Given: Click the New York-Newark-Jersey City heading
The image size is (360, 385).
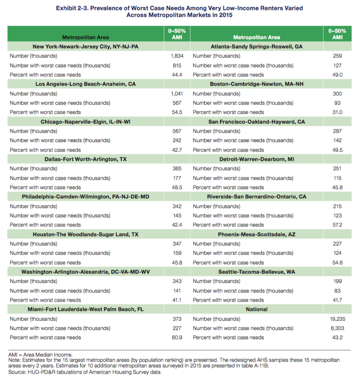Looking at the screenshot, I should [85, 47].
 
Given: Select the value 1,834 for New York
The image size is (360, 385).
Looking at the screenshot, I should [177, 56].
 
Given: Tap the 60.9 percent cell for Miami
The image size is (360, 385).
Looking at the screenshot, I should [177, 338].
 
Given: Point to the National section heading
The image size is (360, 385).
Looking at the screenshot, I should [257, 309].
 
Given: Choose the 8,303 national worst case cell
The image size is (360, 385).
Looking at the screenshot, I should [337, 328].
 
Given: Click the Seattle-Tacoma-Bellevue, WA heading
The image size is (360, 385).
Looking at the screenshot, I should [257, 272].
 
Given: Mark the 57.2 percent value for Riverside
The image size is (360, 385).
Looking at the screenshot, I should [337, 225].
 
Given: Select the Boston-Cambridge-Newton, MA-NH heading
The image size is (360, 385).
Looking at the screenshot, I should [257, 84].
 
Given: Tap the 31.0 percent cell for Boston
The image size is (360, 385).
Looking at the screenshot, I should [337, 112].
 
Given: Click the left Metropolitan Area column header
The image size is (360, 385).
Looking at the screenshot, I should [85, 37].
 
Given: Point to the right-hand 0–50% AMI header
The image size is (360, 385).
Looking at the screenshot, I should [337, 34].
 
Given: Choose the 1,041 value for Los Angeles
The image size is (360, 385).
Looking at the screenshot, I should [177, 94].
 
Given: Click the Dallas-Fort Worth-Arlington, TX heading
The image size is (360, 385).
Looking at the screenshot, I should [85, 159].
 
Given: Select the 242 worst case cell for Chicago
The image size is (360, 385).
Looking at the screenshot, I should [177, 140].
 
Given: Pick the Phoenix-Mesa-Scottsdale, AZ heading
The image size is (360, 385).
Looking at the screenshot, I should [257, 234].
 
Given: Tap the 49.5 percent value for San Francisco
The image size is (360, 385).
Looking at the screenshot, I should [337, 150].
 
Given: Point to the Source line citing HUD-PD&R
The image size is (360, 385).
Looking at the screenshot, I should [84, 373].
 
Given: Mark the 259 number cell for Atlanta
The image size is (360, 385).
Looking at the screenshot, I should [337, 56].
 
